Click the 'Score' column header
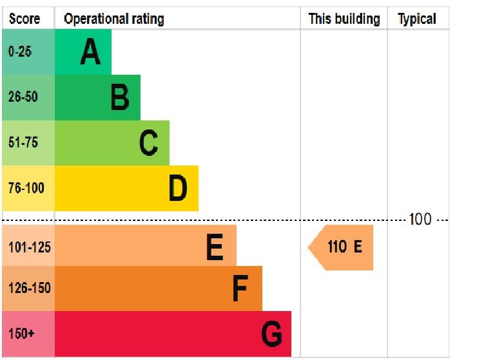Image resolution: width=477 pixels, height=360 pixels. [25, 19]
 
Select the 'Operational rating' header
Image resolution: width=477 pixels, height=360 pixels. [113, 19]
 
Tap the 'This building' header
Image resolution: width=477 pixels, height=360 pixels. [344, 19]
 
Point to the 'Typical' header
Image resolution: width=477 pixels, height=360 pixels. [417, 19]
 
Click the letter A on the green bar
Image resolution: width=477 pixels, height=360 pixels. [90, 52]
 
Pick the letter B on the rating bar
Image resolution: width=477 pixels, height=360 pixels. [120, 98]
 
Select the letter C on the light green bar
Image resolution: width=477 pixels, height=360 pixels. [149, 143]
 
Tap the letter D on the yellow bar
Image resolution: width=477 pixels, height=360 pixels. [178, 189]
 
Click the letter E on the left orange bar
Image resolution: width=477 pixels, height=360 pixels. [215, 247]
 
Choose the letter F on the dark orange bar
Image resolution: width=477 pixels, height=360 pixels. [240, 289]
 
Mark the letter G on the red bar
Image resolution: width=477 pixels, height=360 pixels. [271, 334]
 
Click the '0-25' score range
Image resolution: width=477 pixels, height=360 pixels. [20, 52]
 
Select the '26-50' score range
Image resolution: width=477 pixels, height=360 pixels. [23, 98]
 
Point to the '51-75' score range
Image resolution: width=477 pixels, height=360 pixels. [23, 143]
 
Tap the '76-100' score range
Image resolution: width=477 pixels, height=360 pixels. [26, 189]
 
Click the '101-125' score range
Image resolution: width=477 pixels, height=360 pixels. [29, 247]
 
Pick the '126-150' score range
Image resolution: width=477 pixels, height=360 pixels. [29, 289]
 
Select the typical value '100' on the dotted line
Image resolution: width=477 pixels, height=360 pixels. [420, 220]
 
